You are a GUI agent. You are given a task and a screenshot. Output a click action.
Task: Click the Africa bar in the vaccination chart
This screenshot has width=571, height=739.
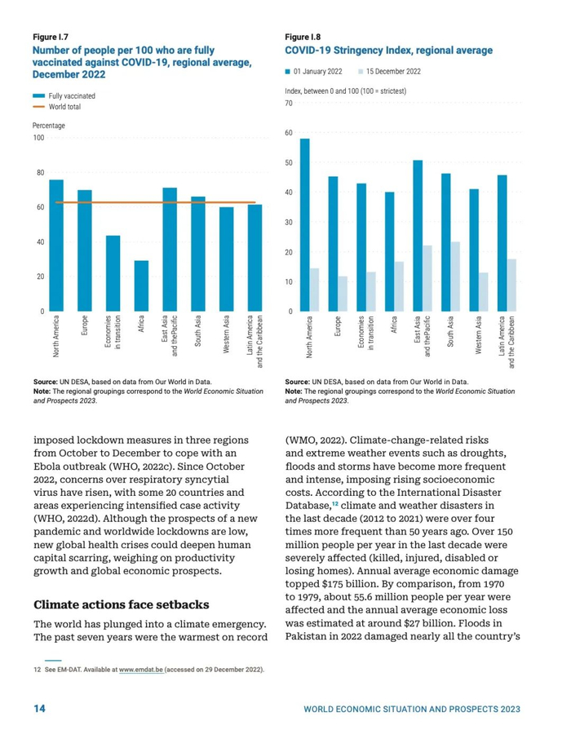pos(142,285)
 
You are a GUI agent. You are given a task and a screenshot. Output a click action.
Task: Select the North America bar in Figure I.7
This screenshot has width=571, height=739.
pos(56,245)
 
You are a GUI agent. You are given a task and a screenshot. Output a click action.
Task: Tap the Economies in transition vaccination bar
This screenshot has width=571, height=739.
pos(113,273)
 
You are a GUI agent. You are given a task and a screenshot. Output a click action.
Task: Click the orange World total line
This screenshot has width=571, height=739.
pos(155,202)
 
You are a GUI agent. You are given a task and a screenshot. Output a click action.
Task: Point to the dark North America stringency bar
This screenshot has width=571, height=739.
pos(305,224)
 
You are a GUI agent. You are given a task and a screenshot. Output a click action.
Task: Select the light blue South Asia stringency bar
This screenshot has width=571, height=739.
pos(456,277)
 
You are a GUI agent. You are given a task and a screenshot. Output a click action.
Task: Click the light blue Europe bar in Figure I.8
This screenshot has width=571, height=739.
pos(343,294)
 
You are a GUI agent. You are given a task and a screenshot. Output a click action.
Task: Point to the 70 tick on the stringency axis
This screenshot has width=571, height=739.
pos(288,104)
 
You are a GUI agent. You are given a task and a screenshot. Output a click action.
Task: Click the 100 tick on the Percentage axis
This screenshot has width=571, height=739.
pos(38,138)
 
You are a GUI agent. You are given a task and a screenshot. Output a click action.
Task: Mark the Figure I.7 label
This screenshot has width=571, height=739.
pos(50,38)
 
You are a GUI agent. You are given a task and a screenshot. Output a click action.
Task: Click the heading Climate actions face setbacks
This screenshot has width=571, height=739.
pos(122,604)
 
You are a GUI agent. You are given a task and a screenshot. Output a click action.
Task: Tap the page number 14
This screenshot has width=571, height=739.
pos(39,708)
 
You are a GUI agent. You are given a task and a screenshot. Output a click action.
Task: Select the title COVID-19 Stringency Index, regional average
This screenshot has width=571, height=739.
pos(388,51)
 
